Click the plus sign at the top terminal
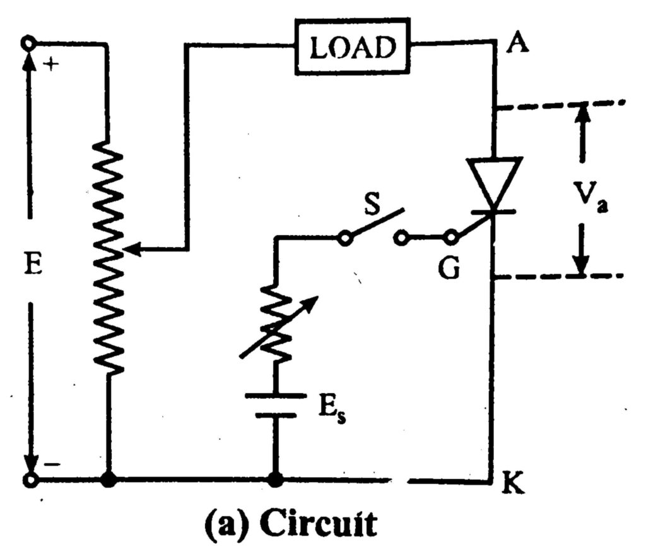pos(53,64)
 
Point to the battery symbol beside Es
pos(275,406)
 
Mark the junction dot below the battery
pos(275,481)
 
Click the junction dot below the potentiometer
pos(109,481)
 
